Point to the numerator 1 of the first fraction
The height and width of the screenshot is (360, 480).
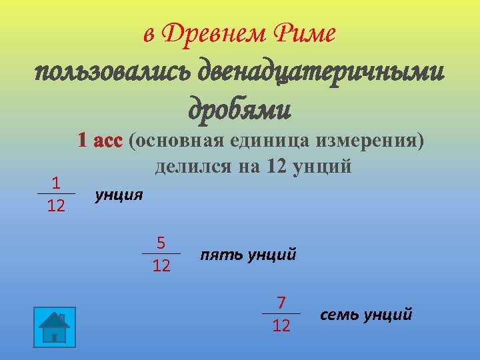click(56, 183)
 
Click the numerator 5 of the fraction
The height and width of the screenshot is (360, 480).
click(161, 243)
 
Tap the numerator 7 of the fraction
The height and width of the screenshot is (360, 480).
click(281, 303)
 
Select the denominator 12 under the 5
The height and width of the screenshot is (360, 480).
click(161, 266)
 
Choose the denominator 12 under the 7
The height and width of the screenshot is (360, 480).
click(281, 325)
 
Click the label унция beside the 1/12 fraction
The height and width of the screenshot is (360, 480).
click(119, 195)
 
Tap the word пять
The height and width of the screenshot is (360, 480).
click(221, 255)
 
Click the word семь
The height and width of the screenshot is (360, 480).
click(339, 314)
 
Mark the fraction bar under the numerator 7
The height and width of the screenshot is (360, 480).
click(281, 314)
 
